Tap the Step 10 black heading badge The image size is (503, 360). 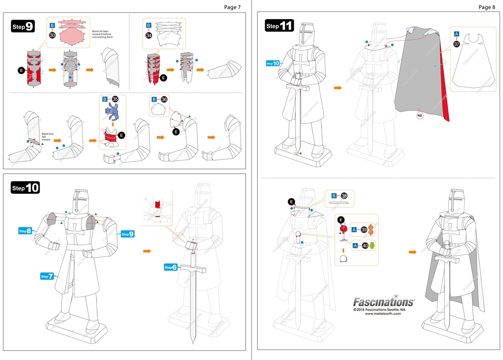point(25,188)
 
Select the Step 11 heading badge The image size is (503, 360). point(279,26)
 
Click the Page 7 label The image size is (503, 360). point(232,7)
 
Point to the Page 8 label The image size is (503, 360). point(486,7)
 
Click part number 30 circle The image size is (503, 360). point(52,35)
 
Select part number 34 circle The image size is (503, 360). point(149,35)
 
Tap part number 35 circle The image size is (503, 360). point(115,99)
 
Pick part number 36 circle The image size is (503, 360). point(164,99)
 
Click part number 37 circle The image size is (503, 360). point(457,44)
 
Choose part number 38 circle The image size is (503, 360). point(344,196)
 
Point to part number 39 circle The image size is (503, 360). point(364,230)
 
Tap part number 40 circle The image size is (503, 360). point(364,246)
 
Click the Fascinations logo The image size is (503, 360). point(383,302)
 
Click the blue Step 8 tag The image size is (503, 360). point(26,231)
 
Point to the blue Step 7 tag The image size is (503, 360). point(47,276)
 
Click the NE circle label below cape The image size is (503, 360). point(419,116)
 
